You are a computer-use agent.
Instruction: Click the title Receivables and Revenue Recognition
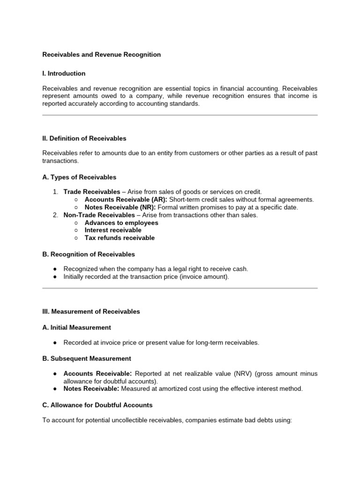coord(101,55)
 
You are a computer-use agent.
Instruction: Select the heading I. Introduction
coord(64,74)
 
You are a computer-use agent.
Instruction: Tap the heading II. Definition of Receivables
coord(84,139)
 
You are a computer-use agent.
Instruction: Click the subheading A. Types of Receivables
coord(79,177)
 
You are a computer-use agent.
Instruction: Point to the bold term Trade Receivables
coord(92,192)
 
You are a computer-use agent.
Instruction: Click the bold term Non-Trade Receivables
coord(98,215)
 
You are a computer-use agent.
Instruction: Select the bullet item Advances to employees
coord(121,223)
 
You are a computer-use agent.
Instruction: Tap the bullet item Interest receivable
coord(113,230)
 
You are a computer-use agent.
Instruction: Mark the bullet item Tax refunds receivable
coord(120,238)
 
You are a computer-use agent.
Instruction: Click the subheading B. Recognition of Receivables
coord(89,254)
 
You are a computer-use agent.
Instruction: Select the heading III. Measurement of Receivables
coord(91,312)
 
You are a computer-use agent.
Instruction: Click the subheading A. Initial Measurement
coord(76,327)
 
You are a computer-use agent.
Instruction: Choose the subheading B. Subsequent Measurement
coord(87,359)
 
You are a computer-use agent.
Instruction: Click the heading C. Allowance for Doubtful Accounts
coord(97,405)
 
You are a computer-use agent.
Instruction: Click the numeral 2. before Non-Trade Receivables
coord(55,215)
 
